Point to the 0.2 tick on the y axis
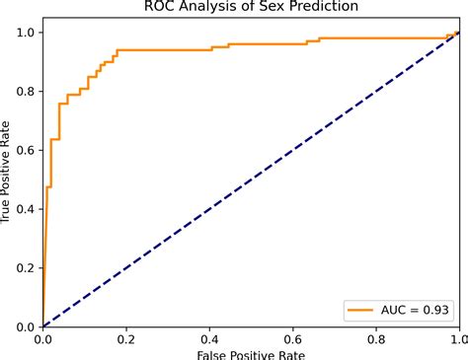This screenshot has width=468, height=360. point(27,268)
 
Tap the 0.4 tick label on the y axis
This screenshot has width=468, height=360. point(27,209)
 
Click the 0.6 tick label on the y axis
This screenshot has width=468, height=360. point(27,150)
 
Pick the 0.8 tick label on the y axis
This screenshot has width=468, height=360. point(27,92)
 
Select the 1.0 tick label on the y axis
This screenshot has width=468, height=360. point(27,33)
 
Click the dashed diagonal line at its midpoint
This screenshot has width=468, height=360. point(251,180)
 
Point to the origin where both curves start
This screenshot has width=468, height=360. point(43,326)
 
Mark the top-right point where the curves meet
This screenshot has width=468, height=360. point(458,33)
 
